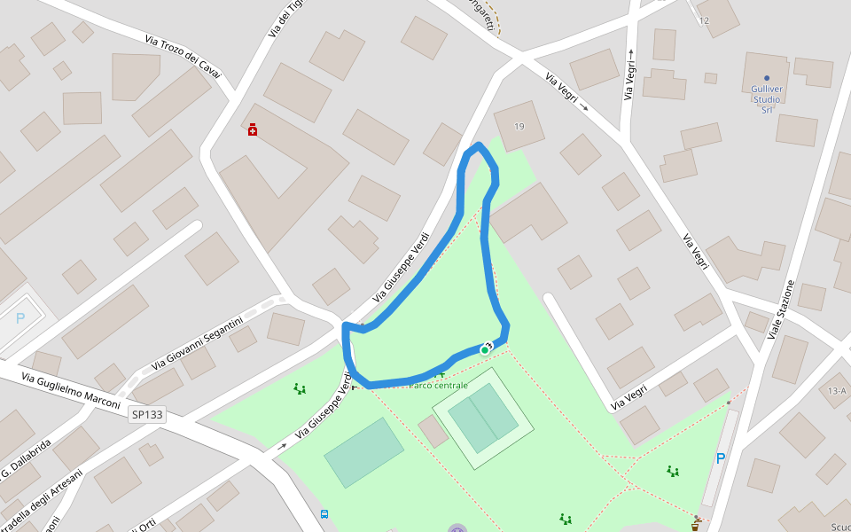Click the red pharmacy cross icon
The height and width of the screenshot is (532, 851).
(x=253, y=130)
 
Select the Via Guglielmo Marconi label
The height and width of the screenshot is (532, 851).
(x=70, y=390)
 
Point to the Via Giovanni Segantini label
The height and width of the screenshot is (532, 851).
(x=197, y=344)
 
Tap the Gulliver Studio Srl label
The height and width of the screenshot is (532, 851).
(x=766, y=99)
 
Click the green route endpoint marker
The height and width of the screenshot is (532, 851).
(x=485, y=350)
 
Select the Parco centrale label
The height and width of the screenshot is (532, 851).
(x=438, y=385)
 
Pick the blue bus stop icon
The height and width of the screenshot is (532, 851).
(x=324, y=514)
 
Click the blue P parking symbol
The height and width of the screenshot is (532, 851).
(x=721, y=458)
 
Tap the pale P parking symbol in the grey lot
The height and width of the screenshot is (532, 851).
(x=20, y=318)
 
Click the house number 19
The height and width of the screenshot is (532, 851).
(x=519, y=127)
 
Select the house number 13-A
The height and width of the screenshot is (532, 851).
(x=837, y=391)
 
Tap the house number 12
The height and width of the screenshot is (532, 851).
(x=704, y=20)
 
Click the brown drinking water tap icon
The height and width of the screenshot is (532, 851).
(x=696, y=525)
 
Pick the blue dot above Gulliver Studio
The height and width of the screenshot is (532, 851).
(x=767, y=78)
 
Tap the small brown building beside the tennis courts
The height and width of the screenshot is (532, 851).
(x=433, y=431)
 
